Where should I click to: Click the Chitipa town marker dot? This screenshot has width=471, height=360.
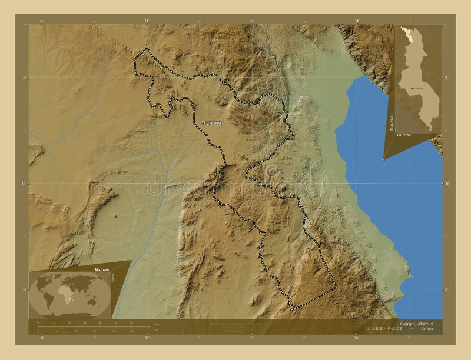pos(202,123)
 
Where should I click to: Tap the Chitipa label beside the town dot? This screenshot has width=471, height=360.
pos(214,123)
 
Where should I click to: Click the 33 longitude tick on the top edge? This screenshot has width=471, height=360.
pos(146,21)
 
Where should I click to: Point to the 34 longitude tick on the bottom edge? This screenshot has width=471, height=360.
pos(356,338)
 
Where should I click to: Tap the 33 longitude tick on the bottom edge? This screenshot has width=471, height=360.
pos(146,338)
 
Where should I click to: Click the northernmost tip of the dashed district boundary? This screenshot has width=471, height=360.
pos(146,48)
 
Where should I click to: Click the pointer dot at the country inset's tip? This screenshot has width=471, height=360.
pos(384,159)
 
